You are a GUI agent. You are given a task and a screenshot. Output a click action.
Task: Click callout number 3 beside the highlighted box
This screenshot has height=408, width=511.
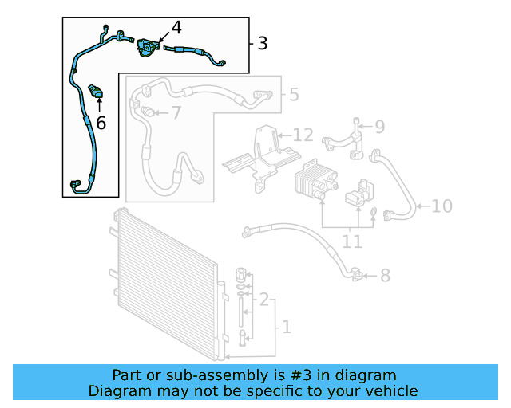[263, 43]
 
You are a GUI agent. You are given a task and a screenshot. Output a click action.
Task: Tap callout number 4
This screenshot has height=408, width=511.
[176, 27]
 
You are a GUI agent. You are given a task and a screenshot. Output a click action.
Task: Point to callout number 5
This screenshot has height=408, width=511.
[294, 95]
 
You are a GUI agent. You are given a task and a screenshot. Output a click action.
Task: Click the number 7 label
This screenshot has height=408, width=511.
[176, 113]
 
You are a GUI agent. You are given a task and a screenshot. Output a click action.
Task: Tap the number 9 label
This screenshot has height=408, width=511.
[379, 126]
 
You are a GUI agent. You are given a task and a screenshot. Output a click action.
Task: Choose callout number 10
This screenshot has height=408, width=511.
[442, 206]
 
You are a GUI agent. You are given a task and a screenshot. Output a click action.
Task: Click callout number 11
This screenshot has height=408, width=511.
[351, 241]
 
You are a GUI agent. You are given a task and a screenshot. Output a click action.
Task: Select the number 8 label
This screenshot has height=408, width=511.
[385, 276]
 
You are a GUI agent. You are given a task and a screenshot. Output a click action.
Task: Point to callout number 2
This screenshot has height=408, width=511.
[263, 300]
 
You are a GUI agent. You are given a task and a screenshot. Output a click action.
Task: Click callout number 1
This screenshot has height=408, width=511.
[286, 327]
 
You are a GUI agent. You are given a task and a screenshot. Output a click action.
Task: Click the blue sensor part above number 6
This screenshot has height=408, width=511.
[98, 89]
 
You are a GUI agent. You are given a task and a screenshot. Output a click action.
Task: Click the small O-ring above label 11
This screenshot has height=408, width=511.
[373, 211]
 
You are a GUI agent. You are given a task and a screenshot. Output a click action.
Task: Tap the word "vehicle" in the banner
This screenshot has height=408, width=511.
[390, 390]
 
